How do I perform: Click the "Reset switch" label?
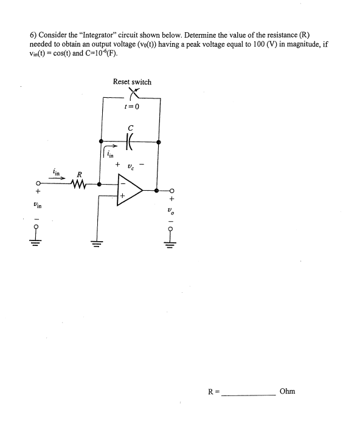pyautogui.click(x=132, y=81)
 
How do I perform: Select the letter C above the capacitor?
pyautogui.click(x=130, y=128)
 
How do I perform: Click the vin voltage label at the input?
pyautogui.click(x=38, y=205)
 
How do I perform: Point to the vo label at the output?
pyautogui.click(x=171, y=212)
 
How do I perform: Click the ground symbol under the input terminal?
pyautogui.click(x=38, y=242)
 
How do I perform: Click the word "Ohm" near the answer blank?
pyautogui.click(x=287, y=391)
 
